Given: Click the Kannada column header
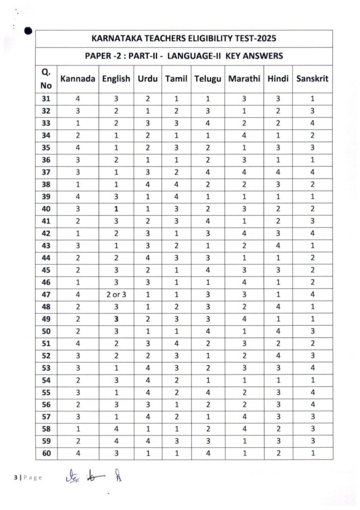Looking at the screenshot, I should [78, 78].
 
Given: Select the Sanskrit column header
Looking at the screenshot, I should [312, 78].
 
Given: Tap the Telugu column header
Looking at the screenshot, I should [208, 78].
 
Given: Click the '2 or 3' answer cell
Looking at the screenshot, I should [116, 294].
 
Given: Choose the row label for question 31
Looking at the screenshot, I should [46, 99].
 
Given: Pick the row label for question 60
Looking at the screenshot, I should [46, 452].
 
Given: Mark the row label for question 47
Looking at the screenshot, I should [46, 294].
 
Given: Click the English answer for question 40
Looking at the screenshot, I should [116, 209].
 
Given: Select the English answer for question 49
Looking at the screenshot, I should [116, 318].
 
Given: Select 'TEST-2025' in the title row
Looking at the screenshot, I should [256, 38].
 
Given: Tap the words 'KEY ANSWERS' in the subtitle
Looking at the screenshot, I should [254, 56].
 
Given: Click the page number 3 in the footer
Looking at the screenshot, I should [15, 478].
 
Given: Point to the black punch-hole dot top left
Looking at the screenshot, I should [28, 31].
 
